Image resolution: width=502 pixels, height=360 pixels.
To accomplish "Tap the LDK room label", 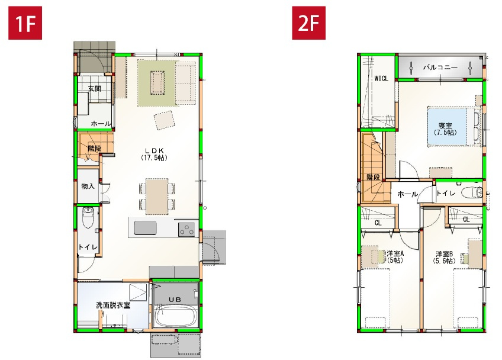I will [154, 154].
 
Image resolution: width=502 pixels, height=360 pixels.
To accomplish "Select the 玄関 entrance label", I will [94, 89].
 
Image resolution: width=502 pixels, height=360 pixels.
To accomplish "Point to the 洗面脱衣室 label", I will [113, 306].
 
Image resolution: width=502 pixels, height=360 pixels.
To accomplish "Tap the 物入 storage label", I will [88, 186].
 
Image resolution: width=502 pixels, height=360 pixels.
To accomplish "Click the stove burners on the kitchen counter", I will [186, 228].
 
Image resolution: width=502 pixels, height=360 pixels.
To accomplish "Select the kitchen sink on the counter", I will [145, 228].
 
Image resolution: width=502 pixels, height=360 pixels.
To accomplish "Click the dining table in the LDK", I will [157, 195].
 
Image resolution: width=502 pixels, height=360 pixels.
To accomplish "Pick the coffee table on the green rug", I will [157, 82].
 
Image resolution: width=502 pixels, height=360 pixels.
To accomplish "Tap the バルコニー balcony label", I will [439, 67].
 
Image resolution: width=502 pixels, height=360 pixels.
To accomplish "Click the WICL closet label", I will [381, 78].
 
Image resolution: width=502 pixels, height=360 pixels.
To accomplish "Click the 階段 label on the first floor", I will [94, 148].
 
